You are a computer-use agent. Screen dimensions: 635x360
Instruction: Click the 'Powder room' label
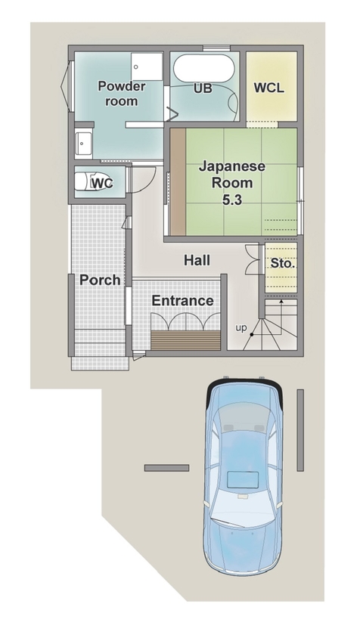(x=122, y=93)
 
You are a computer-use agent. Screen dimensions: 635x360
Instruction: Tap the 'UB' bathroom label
(x=203, y=88)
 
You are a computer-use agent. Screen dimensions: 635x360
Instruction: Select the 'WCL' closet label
(x=268, y=88)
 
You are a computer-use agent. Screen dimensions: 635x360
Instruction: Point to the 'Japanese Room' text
(x=232, y=175)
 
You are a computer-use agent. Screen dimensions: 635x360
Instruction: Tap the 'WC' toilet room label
(x=102, y=183)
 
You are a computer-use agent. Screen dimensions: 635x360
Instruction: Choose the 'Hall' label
(x=197, y=261)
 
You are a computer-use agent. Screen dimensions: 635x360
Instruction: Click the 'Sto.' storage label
(x=282, y=265)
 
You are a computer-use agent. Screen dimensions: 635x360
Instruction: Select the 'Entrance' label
(x=182, y=301)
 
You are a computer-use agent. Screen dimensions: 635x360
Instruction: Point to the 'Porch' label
(x=100, y=280)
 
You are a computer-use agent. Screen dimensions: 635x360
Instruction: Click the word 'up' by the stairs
(x=241, y=327)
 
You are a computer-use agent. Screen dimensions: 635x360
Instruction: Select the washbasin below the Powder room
(x=83, y=142)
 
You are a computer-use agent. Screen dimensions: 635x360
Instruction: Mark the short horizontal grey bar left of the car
(x=166, y=468)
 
